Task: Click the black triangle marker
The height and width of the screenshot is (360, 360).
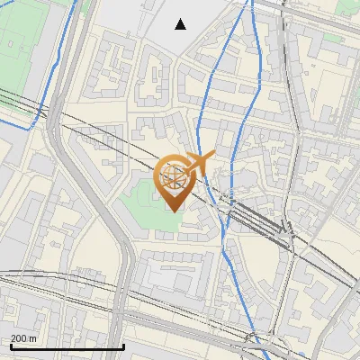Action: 181,24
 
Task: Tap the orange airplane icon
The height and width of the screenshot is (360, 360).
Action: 197,163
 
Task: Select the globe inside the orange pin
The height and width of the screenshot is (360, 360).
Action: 172,177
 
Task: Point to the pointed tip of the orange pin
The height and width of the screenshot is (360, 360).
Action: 173,211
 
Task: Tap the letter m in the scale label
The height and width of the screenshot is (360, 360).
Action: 32,338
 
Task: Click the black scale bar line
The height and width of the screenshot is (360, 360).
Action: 67,346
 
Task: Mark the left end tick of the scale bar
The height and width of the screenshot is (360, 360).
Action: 11,346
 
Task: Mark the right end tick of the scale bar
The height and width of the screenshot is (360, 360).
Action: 123,346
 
